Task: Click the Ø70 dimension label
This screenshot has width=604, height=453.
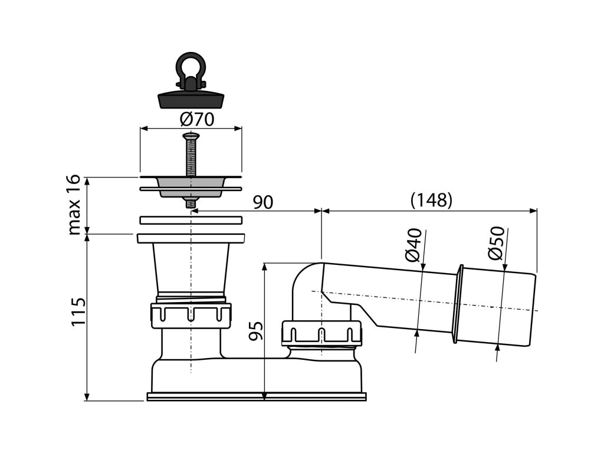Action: point(196,119)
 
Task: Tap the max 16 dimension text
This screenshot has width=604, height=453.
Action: point(75,205)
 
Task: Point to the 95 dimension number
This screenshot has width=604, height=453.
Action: point(255,331)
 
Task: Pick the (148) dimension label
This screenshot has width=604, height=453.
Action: point(431,200)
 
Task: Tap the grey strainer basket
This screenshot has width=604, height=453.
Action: point(190,188)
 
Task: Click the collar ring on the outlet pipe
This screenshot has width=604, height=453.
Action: point(457,304)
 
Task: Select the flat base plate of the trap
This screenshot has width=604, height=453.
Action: point(257,396)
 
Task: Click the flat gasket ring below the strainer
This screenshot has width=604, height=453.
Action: point(191,220)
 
